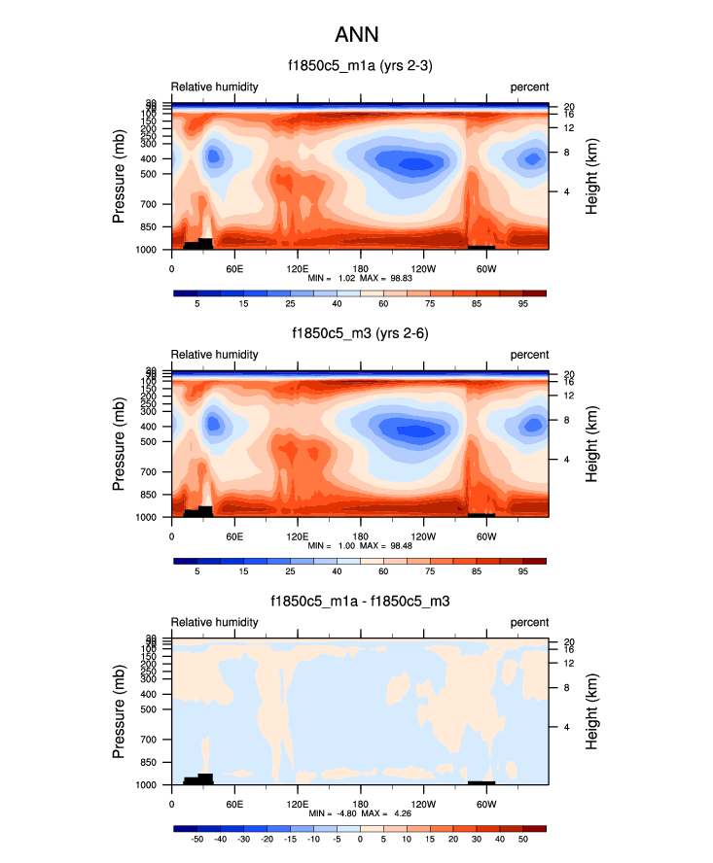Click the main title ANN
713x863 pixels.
356,35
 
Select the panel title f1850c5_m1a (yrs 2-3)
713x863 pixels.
360,66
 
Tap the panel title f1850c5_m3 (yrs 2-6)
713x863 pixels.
360,333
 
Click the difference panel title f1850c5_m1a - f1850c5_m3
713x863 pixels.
360,602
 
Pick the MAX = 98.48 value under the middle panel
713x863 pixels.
385,546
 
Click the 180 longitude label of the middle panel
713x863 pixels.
360,535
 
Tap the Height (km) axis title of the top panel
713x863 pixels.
592,176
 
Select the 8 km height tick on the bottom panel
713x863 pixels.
566,688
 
